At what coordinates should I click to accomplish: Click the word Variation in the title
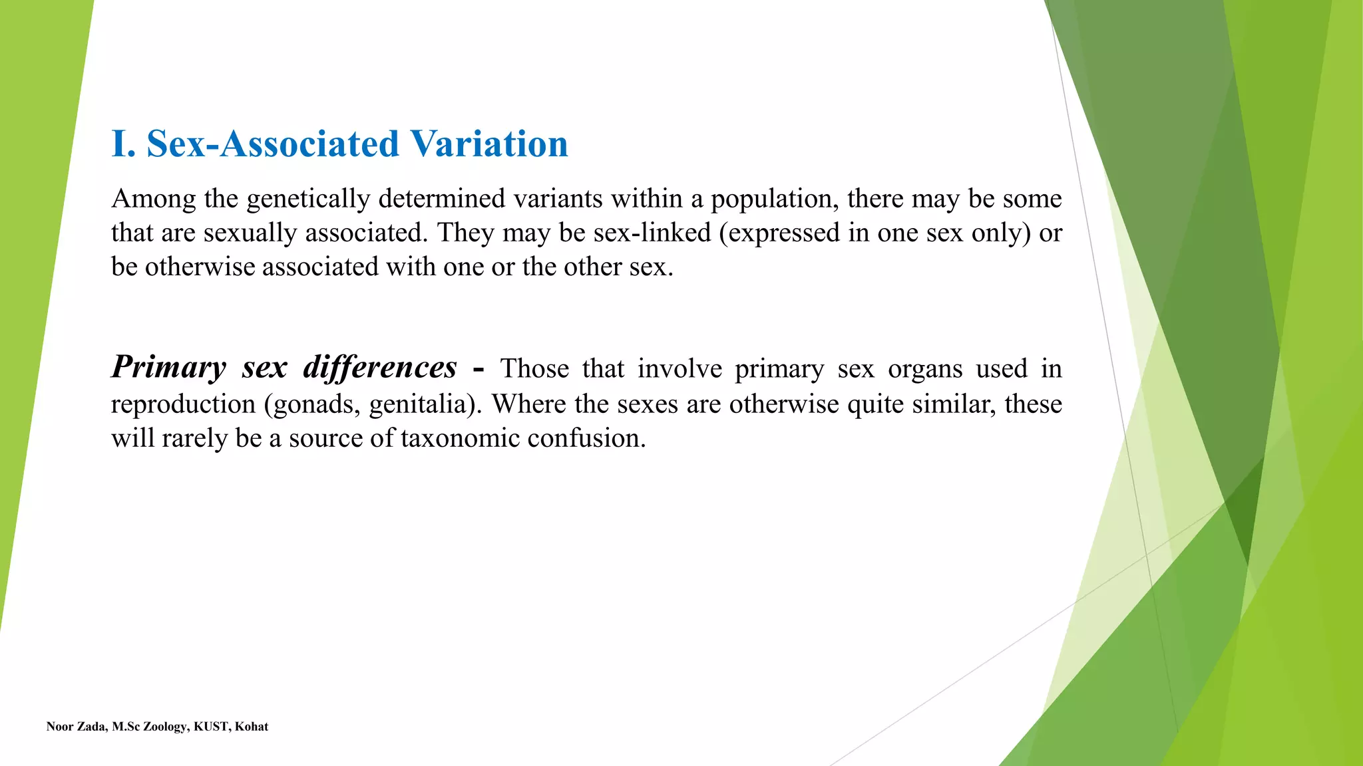coord(488,144)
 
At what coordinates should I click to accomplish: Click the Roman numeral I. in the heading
coord(124,144)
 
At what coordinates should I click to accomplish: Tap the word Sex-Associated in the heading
coord(273,144)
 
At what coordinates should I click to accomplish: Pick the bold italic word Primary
coord(169,367)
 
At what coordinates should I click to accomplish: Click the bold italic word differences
coord(380,367)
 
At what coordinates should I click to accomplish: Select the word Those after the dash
coord(534,368)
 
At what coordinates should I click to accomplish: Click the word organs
coord(925,369)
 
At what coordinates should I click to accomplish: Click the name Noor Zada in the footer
coord(76,727)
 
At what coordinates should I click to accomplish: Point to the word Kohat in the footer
coord(252,727)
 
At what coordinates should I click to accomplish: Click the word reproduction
coord(183,404)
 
